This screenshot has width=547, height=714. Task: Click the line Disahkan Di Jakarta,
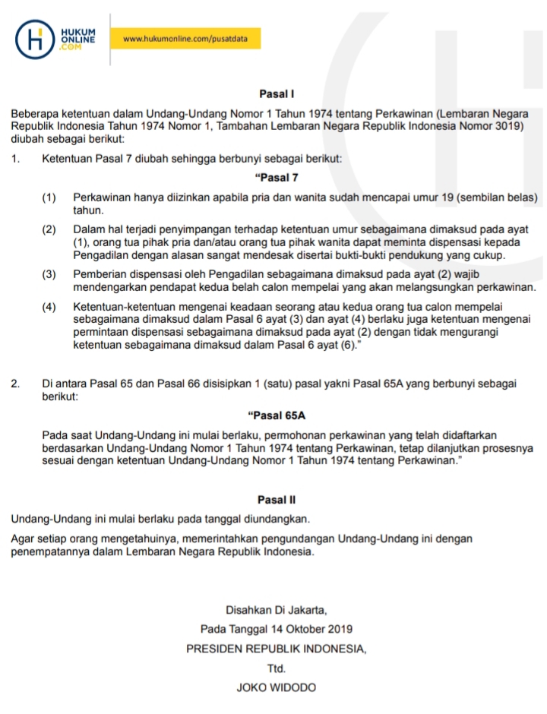coord(276,610)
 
